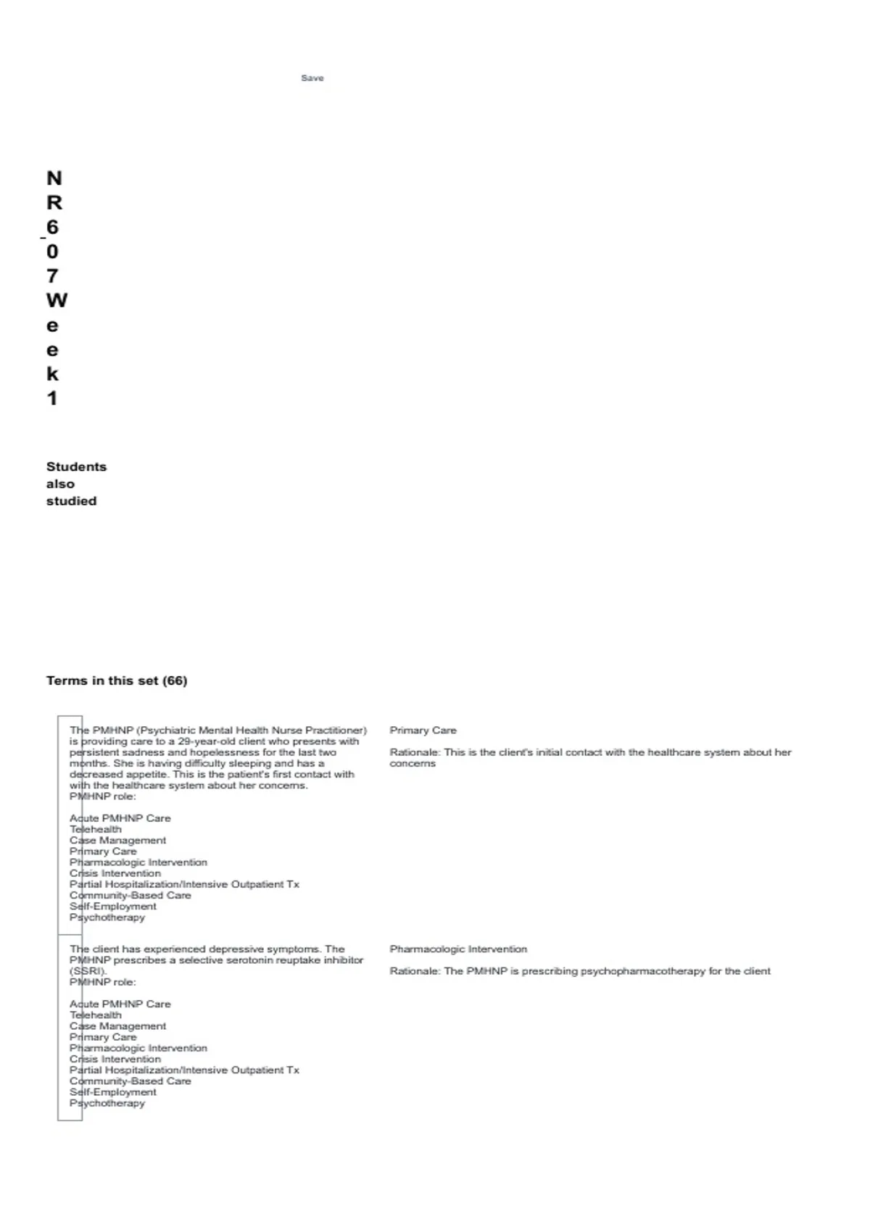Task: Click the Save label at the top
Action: [x=312, y=78]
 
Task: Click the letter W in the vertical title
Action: [x=56, y=300]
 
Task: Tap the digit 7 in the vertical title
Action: [x=52, y=276]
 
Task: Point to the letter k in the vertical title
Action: [x=52, y=374]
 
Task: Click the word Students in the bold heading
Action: [x=76, y=467]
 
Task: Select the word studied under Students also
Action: [x=71, y=501]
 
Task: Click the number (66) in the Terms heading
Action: [x=175, y=680]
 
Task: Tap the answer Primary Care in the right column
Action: [x=423, y=731]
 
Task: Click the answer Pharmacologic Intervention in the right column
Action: [x=458, y=949]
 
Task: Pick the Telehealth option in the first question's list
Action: [x=96, y=829]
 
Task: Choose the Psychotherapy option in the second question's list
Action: [x=107, y=1103]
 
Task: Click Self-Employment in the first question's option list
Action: [x=113, y=907]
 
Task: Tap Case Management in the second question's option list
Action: [x=117, y=1026]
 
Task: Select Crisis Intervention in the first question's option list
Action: [x=115, y=873]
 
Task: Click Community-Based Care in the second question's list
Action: [x=130, y=1081]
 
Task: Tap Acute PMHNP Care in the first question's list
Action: [x=120, y=818]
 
